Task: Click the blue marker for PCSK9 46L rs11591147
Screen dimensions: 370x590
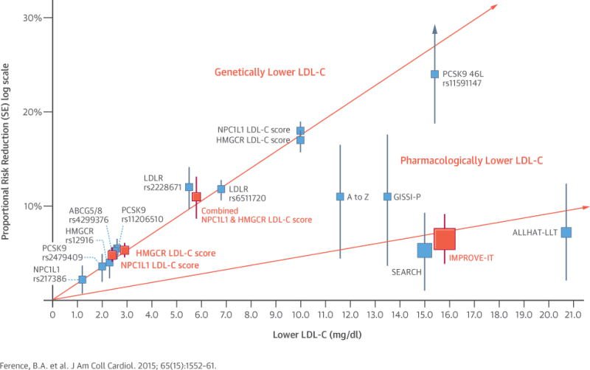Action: click(x=435, y=74)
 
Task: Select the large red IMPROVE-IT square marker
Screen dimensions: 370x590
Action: click(x=445, y=239)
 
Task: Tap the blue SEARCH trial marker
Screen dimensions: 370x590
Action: click(x=425, y=250)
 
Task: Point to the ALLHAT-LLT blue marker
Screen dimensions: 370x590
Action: click(x=566, y=232)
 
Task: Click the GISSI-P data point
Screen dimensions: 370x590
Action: click(x=387, y=197)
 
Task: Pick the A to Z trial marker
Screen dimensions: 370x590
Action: click(x=340, y=197)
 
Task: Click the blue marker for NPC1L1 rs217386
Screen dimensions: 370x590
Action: click(x=82, y=279)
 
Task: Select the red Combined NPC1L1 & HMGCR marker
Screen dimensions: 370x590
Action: click(x=196, y=197)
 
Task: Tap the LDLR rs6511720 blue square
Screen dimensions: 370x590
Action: click(x=221, y=189)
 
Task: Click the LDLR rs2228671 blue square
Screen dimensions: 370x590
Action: click(x=189, y=187)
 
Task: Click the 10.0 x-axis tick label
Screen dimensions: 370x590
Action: click(x=300, y=315)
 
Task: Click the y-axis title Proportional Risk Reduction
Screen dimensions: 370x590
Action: click(x=8, y=177)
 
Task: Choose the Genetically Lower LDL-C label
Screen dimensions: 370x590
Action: click(x=269, y=72)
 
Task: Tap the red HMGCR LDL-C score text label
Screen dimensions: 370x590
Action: click(x=176, y=253)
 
